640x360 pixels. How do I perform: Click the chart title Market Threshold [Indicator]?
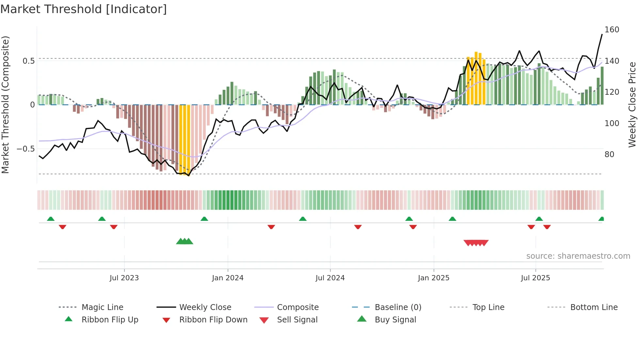(84, 9)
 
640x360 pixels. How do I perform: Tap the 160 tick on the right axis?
(612, 30)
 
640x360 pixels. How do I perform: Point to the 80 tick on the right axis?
(609, 155)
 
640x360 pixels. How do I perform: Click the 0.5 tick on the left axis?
(29, 61)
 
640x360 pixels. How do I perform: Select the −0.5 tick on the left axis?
(26, 149)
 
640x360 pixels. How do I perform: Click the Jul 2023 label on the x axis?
(124, 278)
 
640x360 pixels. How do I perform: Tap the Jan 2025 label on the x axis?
(433, 278)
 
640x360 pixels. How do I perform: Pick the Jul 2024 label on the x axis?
(330, 278)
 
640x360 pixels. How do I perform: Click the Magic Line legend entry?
(102, 307)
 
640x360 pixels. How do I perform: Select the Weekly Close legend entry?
(205, 307)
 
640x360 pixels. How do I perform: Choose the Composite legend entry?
(297, 307)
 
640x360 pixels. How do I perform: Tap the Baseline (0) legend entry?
(398, 307)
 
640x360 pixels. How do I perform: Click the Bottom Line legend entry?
(594, 307)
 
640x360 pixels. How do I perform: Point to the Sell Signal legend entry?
(297, 320)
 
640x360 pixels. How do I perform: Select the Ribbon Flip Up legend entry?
(110, 320)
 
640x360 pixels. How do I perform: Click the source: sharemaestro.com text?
(578, 256)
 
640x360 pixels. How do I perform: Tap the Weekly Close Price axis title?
(632, 105)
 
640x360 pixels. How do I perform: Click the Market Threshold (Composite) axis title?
(6, 105)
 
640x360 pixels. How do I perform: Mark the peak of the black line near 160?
(602, 34)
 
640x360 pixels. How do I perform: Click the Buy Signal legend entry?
(395, 320)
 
